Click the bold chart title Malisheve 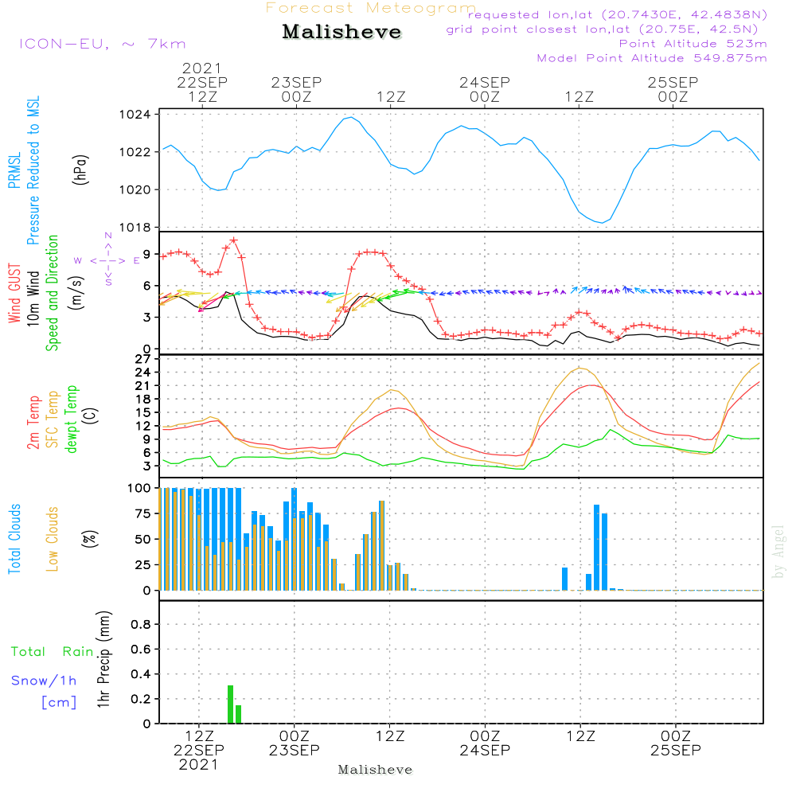pos(341,33)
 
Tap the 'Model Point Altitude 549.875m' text pos(652,58)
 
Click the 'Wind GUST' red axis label pos(14,294)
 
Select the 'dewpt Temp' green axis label pos(72,419)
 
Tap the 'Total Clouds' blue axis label pos(14,539)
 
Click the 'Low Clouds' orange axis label pos(53,539)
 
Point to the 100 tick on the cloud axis pos(139,487)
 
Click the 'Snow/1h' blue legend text pos(44,681)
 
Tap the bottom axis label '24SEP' pos(484,750)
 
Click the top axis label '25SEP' pos(673,82)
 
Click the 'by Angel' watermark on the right pos(778,552)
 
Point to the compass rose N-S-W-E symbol pos(108,259)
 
